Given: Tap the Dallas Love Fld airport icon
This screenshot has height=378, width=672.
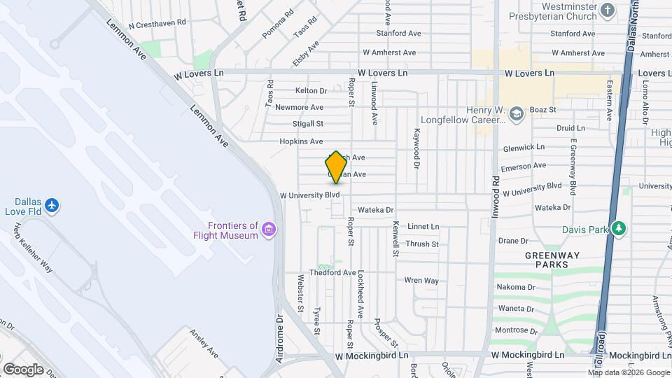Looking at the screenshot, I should click(51, 205).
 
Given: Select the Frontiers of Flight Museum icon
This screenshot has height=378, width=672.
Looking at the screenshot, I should click(269, 229).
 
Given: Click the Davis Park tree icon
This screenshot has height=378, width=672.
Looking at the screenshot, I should click(618, 229).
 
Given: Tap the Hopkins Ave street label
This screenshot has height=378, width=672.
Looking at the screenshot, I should click(301, 141).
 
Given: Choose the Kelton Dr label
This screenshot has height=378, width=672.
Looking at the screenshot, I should click(311, 90).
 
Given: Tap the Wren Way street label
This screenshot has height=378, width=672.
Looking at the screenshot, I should click(421, 281).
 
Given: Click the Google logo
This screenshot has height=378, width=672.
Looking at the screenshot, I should click(23, 369).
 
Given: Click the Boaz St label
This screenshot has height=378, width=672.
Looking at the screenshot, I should click(542, 110).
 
